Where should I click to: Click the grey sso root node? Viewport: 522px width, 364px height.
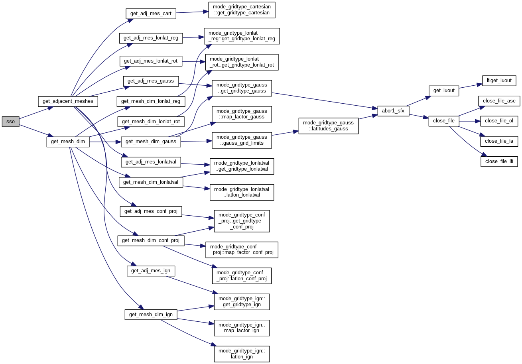[x=10, y=122]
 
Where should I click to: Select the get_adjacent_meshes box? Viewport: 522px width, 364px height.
[x=68, y=101]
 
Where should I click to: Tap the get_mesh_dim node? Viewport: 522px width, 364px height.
[x=68, y=142]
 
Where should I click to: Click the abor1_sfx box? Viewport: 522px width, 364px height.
[x=393, y=111]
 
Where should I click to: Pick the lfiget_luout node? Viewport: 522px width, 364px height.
[x=499, y=81]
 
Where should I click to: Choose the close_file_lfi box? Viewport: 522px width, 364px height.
[x=499, y=161]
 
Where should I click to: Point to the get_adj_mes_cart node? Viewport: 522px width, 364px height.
[x=151, y=14]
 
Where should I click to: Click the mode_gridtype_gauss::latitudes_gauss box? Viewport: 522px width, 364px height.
[x=328, y=126]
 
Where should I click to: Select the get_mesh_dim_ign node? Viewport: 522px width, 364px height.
[x=151, y=315]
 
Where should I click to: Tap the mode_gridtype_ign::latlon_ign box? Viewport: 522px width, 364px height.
[x=242, y=354]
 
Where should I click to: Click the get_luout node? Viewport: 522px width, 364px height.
[x=444, y=91]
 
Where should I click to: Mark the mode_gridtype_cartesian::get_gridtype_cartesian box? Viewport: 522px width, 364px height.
[x=242, y=10]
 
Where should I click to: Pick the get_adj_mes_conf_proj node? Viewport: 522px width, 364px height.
[x=151, y=211]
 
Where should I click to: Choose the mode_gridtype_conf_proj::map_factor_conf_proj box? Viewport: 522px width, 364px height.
[x=242, y=250]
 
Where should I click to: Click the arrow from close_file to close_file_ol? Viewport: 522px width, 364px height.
[x=470, y=121]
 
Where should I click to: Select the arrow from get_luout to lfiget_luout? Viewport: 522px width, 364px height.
[x=471, y=86]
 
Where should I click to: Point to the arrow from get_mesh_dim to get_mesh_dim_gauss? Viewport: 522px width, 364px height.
[x=105, y=142]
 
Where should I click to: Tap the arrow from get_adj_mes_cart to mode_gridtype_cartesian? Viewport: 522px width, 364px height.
[x=192, y=12]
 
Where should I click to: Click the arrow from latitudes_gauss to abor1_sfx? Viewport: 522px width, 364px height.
[x=368, y=117]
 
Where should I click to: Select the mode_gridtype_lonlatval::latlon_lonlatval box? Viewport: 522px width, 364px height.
[x=242, y=192]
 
